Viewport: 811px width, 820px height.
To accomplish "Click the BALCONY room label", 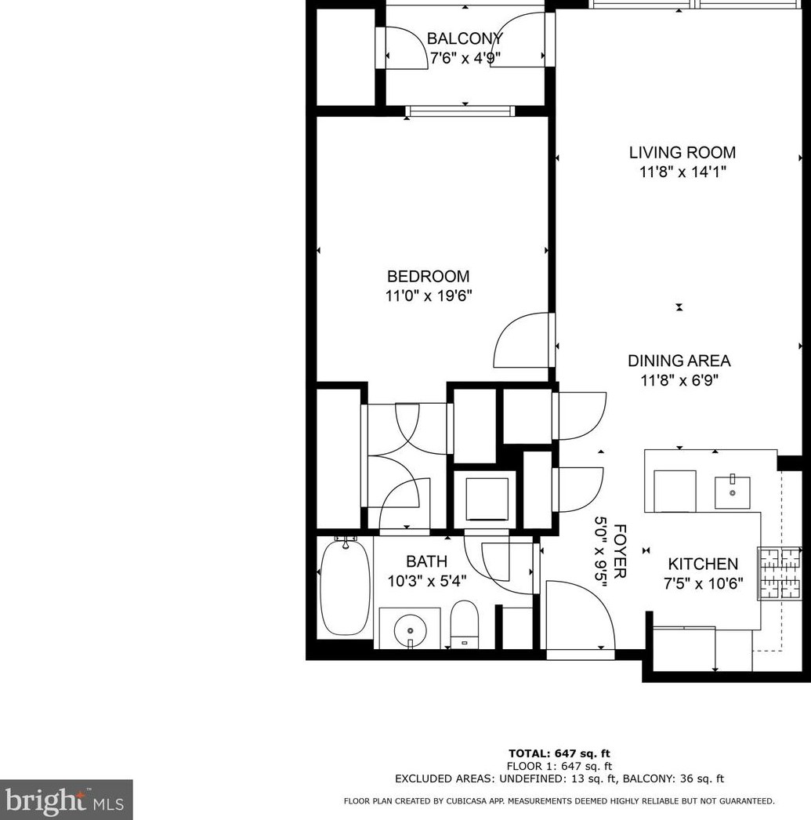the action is (x=465, y=38).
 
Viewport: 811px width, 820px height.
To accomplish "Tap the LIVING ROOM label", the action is (x=682, y=152).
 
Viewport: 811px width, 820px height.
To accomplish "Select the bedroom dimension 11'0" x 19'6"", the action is (x=429, y=296).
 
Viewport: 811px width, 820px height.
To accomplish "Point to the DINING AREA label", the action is (x=679, y=361).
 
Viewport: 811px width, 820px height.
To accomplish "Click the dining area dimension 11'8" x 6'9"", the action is (x=679, y=380).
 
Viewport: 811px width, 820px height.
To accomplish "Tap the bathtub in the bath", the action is (x=345, y=587).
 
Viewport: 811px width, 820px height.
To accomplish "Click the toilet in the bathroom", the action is (x=464, y=625).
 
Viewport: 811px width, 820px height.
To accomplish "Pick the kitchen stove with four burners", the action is (x=780, y=573).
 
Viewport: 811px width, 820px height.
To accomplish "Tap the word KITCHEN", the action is (x=703, y=564).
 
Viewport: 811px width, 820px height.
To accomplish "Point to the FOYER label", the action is (x=619, y=551).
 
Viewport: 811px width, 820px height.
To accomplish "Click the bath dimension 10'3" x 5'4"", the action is (x=427, y=581).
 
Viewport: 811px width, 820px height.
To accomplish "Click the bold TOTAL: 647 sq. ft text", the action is (x=559, y=753).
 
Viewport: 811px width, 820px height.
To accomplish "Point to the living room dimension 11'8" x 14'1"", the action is (x=682, y=172).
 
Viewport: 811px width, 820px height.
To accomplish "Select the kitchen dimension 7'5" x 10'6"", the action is (x=704, y=583).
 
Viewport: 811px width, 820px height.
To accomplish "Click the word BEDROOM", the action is (x=428, y=276).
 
